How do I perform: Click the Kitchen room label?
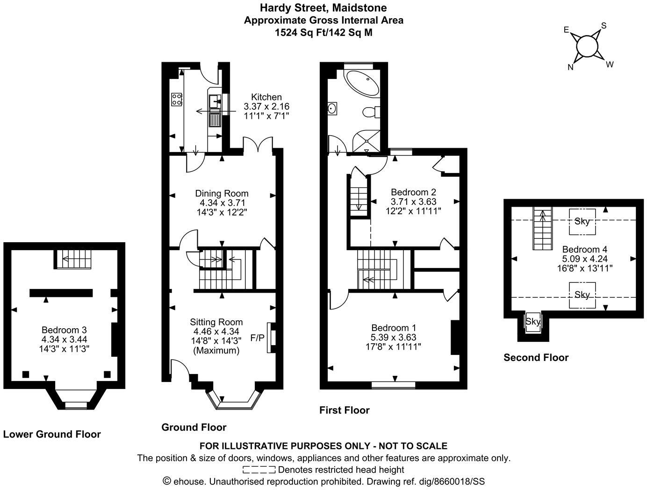[266, 97]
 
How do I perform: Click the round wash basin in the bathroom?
[332, 108]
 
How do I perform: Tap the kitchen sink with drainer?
[215, 110]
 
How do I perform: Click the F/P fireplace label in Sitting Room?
[257, 338]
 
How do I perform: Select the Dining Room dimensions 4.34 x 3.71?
[222, 203]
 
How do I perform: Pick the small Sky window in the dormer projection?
[533, 322]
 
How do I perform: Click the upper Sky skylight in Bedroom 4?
[582, 222]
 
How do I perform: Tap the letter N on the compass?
[570, 67]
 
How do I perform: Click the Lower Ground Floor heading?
[52, 434]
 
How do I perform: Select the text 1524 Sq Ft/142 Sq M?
[323, 33]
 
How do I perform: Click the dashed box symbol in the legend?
[259, 469]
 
